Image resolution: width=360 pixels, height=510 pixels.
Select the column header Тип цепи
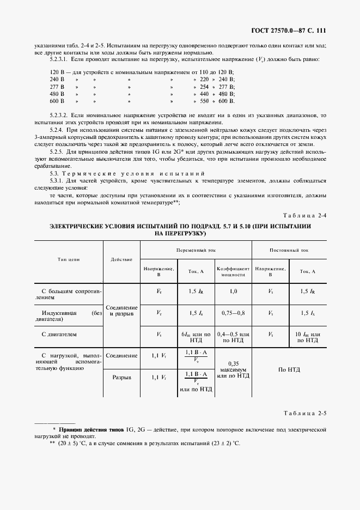click(69, 260)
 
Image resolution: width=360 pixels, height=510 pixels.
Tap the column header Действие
click(121, 260)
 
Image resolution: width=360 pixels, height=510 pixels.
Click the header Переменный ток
click(196, 249)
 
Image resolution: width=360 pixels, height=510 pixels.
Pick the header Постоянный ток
click(289, 249)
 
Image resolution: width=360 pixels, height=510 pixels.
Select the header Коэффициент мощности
click(233, 271)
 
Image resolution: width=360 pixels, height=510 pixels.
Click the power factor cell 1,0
click(233, 292)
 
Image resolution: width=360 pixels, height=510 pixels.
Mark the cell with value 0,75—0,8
click(233, 313)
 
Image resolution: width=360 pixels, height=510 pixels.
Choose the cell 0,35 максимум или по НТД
click(233, 369)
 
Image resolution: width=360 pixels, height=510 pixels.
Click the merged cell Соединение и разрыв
click(121, 311)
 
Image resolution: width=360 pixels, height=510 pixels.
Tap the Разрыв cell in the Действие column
click(121, 377)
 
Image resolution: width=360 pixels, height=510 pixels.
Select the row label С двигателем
click(57, 333)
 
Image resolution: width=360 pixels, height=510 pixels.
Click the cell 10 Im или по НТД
click(308, 337)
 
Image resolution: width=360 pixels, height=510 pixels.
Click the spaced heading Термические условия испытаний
click(118, 172)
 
